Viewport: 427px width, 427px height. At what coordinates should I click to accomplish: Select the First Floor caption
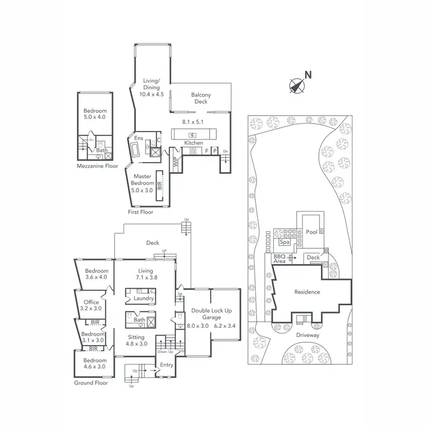pyautogui.click(x=140, y=212)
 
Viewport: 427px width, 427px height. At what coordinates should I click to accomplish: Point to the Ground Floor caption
pyautogui.click(x=91, y=383)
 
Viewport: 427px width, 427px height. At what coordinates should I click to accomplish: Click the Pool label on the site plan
pyautogui.click(x=311, y=232)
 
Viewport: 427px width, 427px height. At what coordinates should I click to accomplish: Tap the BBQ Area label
pyautogui.click(x=279, y=258)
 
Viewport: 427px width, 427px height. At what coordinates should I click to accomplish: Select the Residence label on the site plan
pyautogui.click(x=307, y=292)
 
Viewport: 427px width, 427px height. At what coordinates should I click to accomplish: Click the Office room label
pyautogui.click(x=91, y=302)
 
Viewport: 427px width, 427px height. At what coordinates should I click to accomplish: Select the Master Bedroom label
pyautogui.click(x=142, y=179)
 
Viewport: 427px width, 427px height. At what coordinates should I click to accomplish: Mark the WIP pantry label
pyautogui.click(x=175, y=161)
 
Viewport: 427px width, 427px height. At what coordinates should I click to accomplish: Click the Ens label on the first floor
pyautogui.click(x=138, y=138)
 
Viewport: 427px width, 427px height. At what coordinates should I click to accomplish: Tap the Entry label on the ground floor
pyautogui.click(x=166, y=364)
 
